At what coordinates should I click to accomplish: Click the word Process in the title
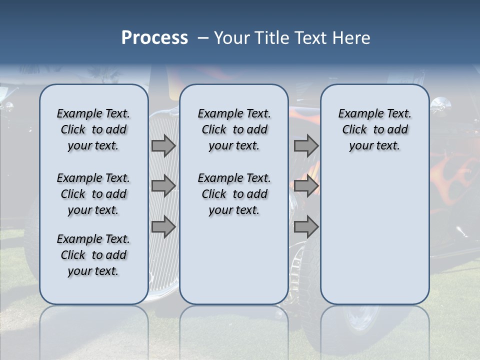pyautogui.click(x=154, y=38)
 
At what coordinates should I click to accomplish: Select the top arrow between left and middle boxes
pyautogui.click(x=163, y=145)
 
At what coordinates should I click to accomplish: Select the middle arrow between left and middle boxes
pyautogui.click(x=163, y=186)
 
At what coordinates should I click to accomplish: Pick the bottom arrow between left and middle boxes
pyautogui.click(x=163, y=226)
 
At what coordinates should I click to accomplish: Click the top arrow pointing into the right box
pyautogui.click(x=306, y=145)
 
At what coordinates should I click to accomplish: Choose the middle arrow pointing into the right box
pyautogui.click(x=306, y=186)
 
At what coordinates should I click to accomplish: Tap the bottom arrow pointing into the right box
pyautogui.click(x=306, y=226)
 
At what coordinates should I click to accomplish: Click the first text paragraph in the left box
pyautogui.click(x=93, y=129)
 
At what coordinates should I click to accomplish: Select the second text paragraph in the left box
pyautogui.click(x=93, y=194)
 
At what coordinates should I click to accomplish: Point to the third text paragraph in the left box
pyautogui.click(x=93, y=255)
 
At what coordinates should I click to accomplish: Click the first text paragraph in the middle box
pyautogui.click(x=234, y=129)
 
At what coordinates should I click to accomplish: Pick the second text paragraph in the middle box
pyautogui.click(x=234, y=194)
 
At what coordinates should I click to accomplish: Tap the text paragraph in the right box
pyautogui.click(x=374, y=129)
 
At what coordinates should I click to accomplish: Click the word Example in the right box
pyautogui.click(x=357, y=114)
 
